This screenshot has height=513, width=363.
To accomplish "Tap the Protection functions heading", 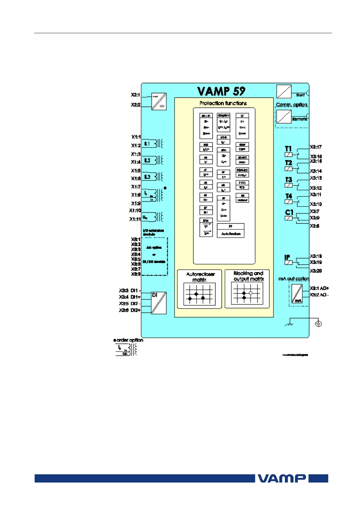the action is pyautogui.click(x=223, y=103).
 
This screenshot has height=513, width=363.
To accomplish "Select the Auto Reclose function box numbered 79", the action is pyautogui.click(x=230, y=230).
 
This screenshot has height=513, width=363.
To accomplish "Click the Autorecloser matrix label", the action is pyautogui.click(x=200, y=277).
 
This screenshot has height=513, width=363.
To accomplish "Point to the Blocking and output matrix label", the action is pyautogui.click(x=248, y=276).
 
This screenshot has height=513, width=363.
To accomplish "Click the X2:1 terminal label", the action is pyautogui.click(x=136, y=95).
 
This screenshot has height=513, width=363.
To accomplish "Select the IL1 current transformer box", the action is pyautogui.click(x=148, y=143).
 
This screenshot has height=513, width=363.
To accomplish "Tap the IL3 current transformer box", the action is pyautogui.click(x=148, y=177).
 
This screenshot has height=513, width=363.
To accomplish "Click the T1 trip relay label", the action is pyautogui.click(x=288, y=149).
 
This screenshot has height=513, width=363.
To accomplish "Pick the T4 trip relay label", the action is pyautogui.click(x=289, y=196).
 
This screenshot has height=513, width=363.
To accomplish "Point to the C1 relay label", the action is pyautogui.click(x=289, y=212).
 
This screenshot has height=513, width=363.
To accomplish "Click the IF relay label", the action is pyautogui.click(x=287, y=257).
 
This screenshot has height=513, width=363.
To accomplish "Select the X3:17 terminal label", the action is pyautogui.click(x=316, y=147).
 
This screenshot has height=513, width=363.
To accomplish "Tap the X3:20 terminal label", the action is pyautogui.click(x=316, y=271).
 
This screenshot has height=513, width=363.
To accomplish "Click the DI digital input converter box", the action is pyautogui.click(x=159, y=303).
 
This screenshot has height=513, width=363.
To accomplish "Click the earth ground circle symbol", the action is pyautogui.click(x=318, y=324).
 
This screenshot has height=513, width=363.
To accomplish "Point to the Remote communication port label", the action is pyautogui.click(x=299, y=119).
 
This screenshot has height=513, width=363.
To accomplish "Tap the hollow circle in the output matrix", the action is pyautogui.click(x=251, y=293).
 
